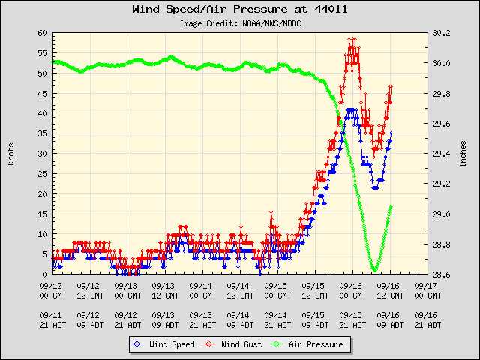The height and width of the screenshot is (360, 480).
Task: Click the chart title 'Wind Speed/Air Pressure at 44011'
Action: pyautogui.click(x=239, y=10)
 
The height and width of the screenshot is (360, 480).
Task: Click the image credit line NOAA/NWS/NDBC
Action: pyautogui.click(x=239, y=23)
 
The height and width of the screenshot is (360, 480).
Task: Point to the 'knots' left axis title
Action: pyautogui.click(x=11, y=154)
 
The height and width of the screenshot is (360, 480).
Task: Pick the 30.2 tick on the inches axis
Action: pyautogui.click(x=440, y=34)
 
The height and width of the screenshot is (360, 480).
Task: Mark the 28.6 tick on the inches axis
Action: pyautogui.click(x=440, y=274)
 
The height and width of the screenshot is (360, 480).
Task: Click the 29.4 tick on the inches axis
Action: pyautogui.click(x=440, y=154)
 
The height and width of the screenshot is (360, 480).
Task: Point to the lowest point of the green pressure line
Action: pyautogui.click(x=374, y=270)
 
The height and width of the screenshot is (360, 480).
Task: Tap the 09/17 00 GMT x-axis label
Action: pyautogui.click(x=425, y=290)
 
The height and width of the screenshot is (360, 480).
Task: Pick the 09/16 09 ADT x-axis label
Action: pyautogui.click(x=388, y=319)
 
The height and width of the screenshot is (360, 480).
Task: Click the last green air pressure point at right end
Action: pyautogui.click(x=391, y=207)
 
